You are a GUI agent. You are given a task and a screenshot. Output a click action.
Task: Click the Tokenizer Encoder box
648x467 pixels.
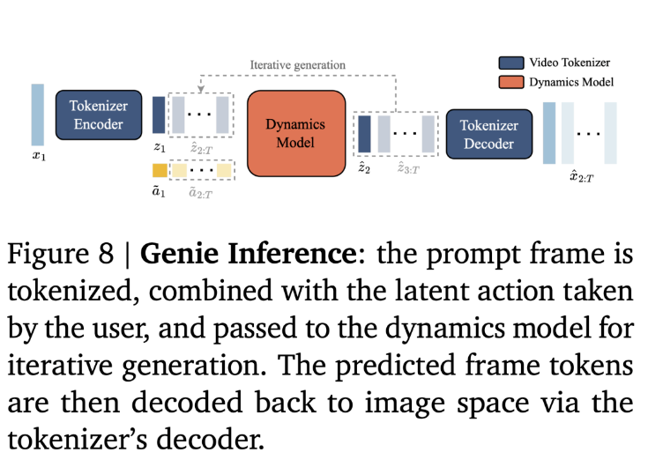pos(99,115)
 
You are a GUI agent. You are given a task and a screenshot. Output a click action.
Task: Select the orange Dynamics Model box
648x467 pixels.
pos(296,133)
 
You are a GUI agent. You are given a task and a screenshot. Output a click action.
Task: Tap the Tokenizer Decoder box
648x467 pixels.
pos(489,134)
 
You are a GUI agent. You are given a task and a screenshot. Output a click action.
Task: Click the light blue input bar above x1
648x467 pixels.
pos(38,115)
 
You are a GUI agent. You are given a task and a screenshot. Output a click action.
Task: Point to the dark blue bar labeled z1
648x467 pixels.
pos(159,115)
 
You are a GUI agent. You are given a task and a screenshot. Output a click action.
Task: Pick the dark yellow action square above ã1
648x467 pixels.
pos(160,171)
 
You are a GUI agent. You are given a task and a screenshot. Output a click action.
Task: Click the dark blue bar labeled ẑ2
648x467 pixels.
pos(364,134)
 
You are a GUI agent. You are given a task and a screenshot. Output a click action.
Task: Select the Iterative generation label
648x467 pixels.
pos(298,65)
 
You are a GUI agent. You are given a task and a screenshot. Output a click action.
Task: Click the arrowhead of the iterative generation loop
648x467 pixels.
pos(200,89)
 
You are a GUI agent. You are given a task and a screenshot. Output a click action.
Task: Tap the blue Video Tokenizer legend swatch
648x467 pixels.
pos(511,63)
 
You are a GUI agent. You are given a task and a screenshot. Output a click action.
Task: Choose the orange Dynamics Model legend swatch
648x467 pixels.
pos(511,82)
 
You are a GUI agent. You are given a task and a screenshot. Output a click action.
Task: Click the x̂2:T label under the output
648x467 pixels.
pos(582,177)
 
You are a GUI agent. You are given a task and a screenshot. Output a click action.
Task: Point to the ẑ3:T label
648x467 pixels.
pos(408,168)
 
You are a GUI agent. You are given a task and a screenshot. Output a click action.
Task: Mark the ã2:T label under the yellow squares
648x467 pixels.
pos(200,192)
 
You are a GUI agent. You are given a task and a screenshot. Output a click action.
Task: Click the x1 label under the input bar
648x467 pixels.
pos(39,156)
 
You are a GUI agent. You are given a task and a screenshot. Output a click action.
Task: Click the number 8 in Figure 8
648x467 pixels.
pos(106,254)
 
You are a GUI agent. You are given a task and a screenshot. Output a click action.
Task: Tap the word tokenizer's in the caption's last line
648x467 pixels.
pos(78,440)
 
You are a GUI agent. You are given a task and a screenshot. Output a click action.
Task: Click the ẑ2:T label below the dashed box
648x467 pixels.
pos(201,149)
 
